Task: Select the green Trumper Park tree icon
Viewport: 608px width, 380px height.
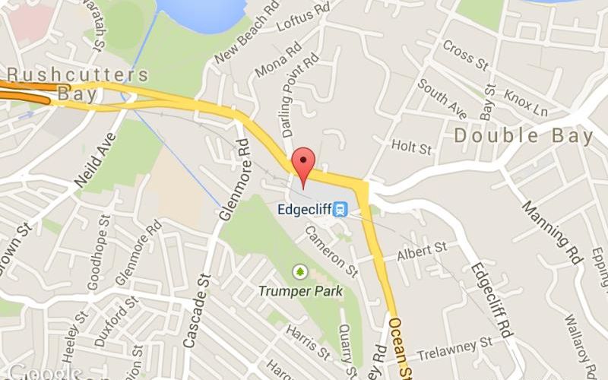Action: tap(300, 271)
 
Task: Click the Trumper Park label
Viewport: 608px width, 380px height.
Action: tap(300, 290)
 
